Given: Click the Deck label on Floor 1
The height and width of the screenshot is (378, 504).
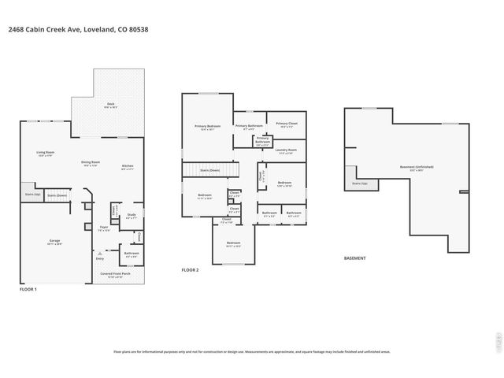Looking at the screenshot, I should (111, 105).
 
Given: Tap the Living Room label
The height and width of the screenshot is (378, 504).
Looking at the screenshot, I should (45, 154).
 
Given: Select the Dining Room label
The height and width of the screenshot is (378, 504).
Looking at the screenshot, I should (90, 164).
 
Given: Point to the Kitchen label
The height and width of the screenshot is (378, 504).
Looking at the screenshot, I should (127, 167).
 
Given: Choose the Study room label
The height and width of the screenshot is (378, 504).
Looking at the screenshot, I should (132, 216).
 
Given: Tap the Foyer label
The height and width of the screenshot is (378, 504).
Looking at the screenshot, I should (103, 229).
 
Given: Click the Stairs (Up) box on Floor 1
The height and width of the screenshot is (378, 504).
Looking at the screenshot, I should (31, 194).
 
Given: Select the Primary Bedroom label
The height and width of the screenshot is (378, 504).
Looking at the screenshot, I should (208, 128).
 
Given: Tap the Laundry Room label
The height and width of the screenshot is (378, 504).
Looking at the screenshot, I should (286, 150).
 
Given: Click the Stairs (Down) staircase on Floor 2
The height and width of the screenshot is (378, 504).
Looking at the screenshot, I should (210, 169).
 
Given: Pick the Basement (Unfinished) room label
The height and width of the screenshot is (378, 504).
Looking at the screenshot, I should (417, 168).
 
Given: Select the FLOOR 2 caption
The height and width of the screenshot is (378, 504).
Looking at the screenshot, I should (190, 270).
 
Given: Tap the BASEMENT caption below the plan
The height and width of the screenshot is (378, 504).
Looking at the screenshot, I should (355, 258).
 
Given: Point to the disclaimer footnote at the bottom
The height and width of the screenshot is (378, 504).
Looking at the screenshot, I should (252, 352).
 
